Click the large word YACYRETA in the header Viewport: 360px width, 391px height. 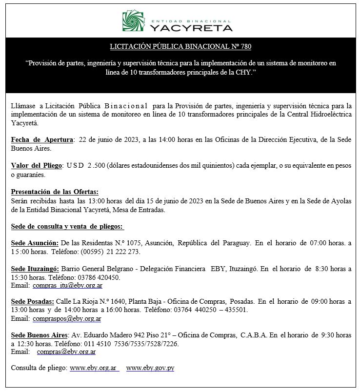[191, 28]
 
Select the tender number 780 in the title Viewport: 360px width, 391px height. [245, 47]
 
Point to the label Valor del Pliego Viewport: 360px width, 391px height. [37, 166]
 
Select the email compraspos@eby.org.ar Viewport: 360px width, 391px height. [67, 319]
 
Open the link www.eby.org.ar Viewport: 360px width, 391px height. [94, 368]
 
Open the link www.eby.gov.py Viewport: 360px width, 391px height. [150, 368]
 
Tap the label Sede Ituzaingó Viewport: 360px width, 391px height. [35, 269]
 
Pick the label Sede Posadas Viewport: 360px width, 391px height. [33, 302]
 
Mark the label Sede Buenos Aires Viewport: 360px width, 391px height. [40, 335]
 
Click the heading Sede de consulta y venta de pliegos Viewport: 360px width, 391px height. [67, 226]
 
